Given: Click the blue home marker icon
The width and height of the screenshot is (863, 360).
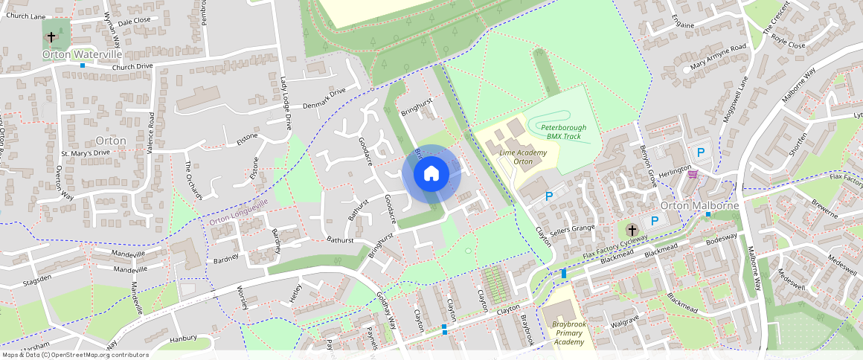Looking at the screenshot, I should click(431, 174).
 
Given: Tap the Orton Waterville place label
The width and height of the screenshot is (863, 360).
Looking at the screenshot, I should click(82, 54).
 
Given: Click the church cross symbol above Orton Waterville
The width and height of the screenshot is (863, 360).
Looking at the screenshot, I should click(51, 36).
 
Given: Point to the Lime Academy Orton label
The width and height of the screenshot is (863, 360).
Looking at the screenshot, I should click(523, 157).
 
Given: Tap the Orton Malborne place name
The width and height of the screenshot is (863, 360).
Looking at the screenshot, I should click(699, 206).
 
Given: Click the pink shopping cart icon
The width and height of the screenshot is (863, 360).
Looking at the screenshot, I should click(693, 174).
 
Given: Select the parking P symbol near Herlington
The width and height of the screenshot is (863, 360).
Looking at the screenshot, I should click(700, 153).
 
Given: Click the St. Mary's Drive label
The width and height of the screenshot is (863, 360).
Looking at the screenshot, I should click(85, 153).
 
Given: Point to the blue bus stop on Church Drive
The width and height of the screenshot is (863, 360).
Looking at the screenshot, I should click(83, 65).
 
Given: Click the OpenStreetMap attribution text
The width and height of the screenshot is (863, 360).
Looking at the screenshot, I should click(74, 355).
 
